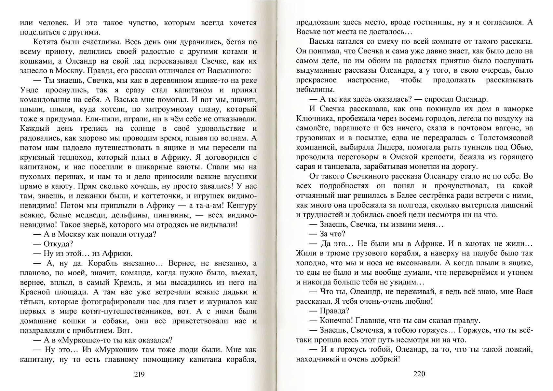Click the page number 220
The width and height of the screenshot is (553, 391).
tap(419, 374)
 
